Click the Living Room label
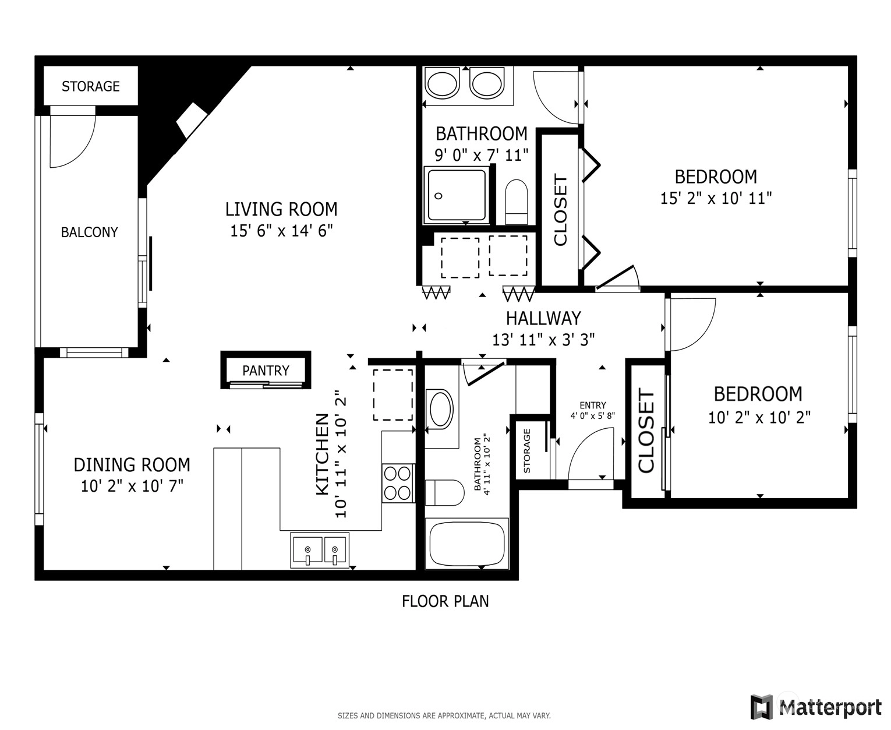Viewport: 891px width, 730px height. pyautogui.click(x=281, y=209)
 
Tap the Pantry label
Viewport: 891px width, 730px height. pyautogui.click(x=266, y=371)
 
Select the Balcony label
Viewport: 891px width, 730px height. pyautogui.click(x=89, y=232)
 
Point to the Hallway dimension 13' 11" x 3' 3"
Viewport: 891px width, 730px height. pyautogui.click(x=543, y=340)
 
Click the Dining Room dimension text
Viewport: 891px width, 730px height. pyautogui.click(x=132, y=486)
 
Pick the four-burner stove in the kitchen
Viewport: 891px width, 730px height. pyautogui.click(x=398, y=483)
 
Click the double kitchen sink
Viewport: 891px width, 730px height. pyautogui.click(x=320, y=550)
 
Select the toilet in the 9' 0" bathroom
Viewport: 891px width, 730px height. pyautogui.click(x=517, y=202)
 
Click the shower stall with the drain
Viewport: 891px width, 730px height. pyautogui.click(x=457, y=195)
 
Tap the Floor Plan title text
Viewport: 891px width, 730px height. pyautogui.click(x=446, y=601)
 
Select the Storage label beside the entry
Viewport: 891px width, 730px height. pyautogui.click(x=527, y=450)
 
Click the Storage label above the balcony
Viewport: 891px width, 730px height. pyautogui.click(x=91, y=86)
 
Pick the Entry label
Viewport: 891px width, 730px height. pyautogui.click(x=593, y=405)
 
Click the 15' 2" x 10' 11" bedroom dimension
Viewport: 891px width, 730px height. pyautogui.click(x=716, y=198)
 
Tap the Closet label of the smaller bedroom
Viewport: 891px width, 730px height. pyautogui.click(x=646, y=431)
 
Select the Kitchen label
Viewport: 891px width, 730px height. pyautogui.click(x=323, y=454)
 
